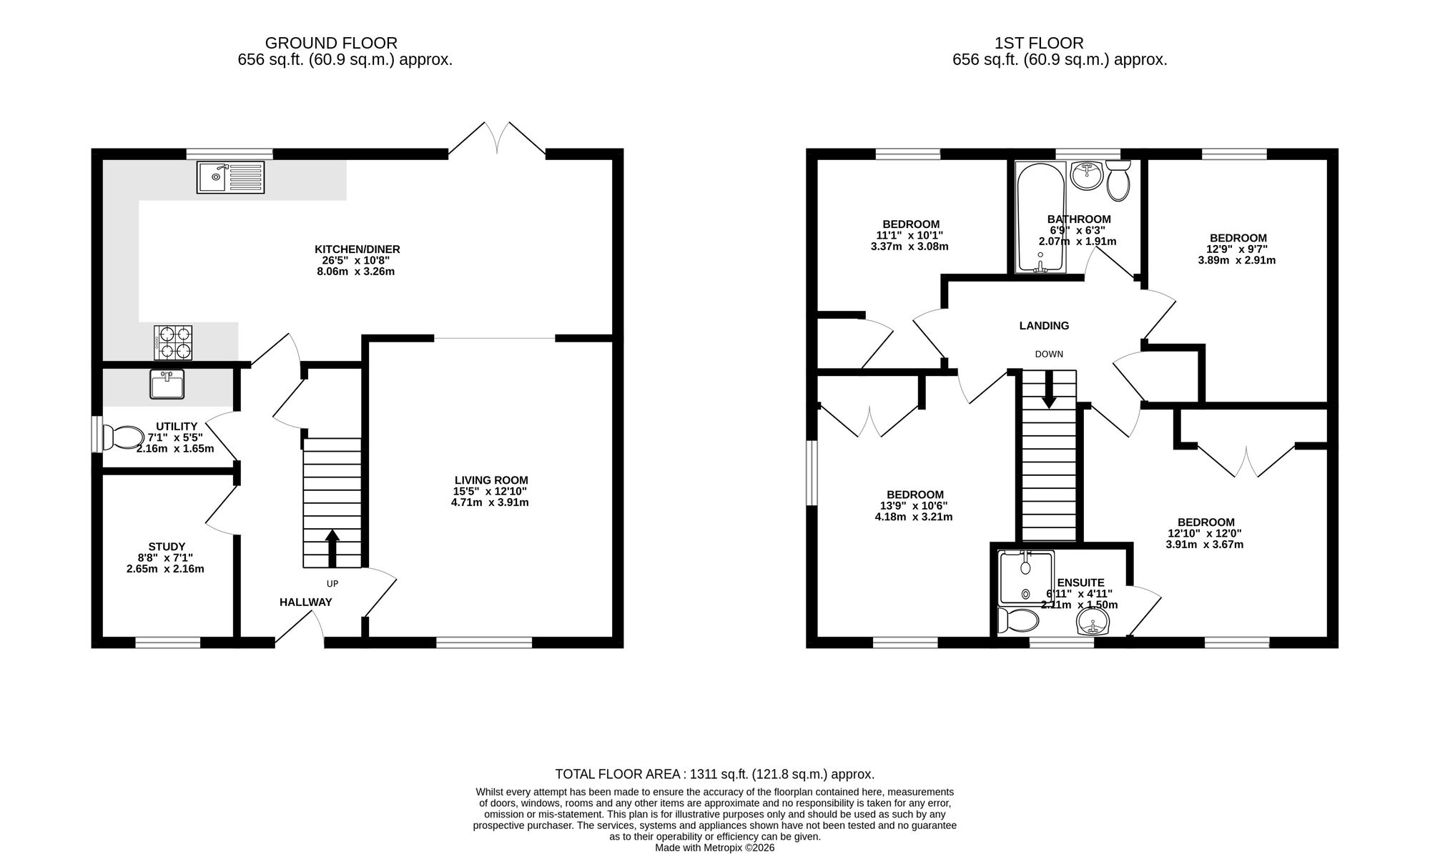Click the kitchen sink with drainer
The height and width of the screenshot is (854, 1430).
[x=230, y=177]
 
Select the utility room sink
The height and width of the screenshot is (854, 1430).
[x=167, y=384]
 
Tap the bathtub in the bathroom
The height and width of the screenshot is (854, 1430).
[x=1040, y=217]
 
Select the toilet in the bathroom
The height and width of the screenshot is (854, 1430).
[x=1118, y=180]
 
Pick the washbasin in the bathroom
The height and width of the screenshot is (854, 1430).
[x=1087, y=176]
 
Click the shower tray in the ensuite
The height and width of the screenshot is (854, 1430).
[x=1026, y=577]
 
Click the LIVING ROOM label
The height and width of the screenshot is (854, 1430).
[x=491, y=480]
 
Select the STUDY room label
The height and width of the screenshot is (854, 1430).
[x=167, y=547]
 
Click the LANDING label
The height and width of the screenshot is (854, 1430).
[x=1044, y=326]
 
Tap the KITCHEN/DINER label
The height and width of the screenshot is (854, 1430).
[x=357, y=249]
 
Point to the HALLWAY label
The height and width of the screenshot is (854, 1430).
[x=305, y=602]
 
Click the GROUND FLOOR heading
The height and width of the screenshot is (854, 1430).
[x=331, y=44]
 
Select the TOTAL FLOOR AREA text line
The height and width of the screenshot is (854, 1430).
[x=715, y=774]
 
